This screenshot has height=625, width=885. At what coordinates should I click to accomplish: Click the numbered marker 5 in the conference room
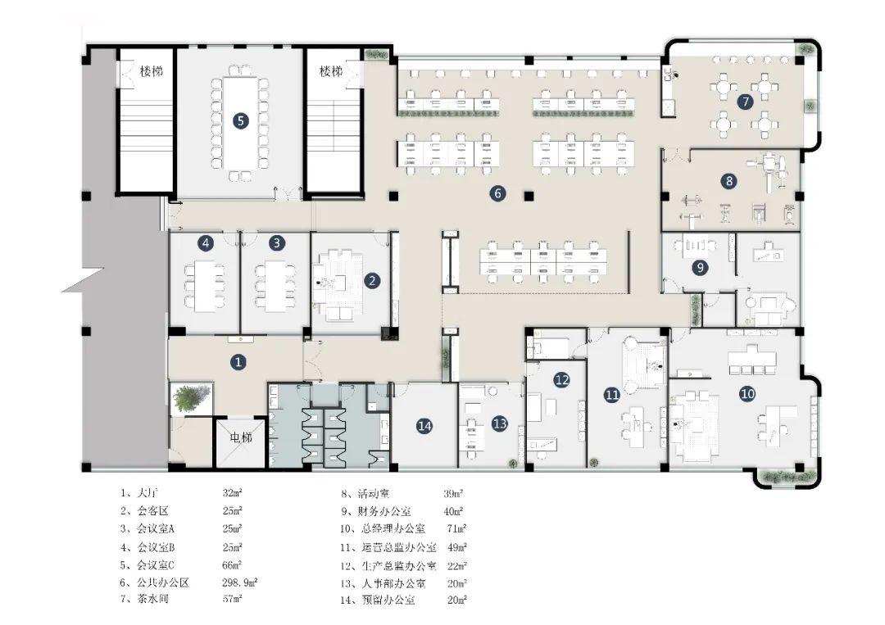tap(240, 120)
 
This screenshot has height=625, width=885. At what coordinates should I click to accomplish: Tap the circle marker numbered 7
tap(745, 102)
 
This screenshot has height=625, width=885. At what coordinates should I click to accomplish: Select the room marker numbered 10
tap(747, 394)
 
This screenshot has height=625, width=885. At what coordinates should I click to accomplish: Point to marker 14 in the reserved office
tap(424, 426)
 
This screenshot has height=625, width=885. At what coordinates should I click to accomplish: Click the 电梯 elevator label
tap(241, 437)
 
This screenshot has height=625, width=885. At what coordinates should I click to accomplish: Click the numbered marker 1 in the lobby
tap(238, 361)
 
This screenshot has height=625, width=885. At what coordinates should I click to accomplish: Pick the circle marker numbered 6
tap(497, 193)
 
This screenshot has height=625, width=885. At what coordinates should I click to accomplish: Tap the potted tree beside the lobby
tap(191, 398)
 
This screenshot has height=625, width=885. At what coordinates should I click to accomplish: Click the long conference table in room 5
tap(240, 123)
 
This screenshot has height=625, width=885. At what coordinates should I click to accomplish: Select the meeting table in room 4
tap(204, 285)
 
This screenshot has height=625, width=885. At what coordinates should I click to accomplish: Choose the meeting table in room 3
tap(275, 285)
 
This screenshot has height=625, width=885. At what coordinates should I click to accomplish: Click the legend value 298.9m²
tap(239, 582)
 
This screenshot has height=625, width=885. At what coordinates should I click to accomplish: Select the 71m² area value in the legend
tap(456, 529)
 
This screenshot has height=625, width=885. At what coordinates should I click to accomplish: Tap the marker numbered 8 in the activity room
tap(729, 181)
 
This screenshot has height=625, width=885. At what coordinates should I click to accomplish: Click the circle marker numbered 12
tap(561, 379)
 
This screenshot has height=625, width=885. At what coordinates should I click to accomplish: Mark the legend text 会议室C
tap(156, 564)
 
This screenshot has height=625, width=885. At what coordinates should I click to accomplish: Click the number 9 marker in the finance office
tap(700, 267)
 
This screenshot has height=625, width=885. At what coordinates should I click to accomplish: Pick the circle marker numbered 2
tap(371, 280)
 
